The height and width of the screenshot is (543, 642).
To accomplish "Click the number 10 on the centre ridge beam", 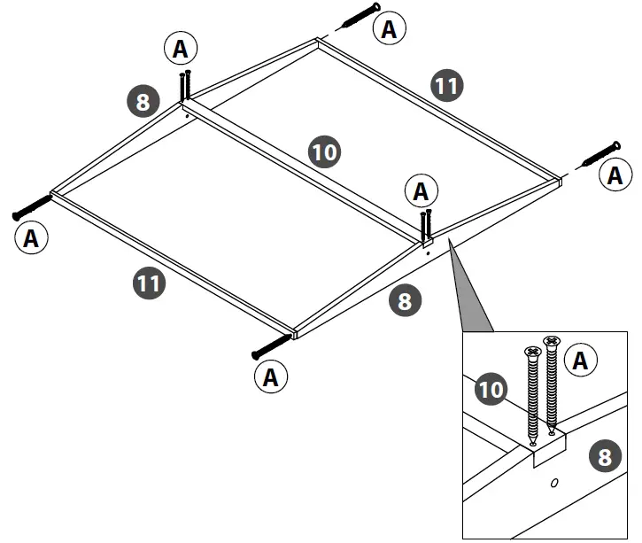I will tap(325, 152).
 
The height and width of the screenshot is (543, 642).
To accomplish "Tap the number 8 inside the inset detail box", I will tap(604, 457).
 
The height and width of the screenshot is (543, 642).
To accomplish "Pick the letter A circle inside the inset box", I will tap(580, 360).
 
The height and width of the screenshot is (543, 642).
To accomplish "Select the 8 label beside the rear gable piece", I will tap(143, 100).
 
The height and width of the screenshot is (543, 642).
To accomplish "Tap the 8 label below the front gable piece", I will tap(404, 301).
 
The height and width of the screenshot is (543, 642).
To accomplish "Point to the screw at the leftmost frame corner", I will tap(34, 208).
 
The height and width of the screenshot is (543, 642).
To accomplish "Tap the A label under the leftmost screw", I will tap(32, 237).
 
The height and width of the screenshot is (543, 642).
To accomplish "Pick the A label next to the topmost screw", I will tap(388, 29).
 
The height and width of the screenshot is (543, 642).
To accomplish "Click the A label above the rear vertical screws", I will tap(180, 50).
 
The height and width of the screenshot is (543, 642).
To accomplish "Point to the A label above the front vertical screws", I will tap(421, 190).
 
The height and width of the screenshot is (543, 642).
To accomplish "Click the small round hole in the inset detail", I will tap(553, 484).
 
